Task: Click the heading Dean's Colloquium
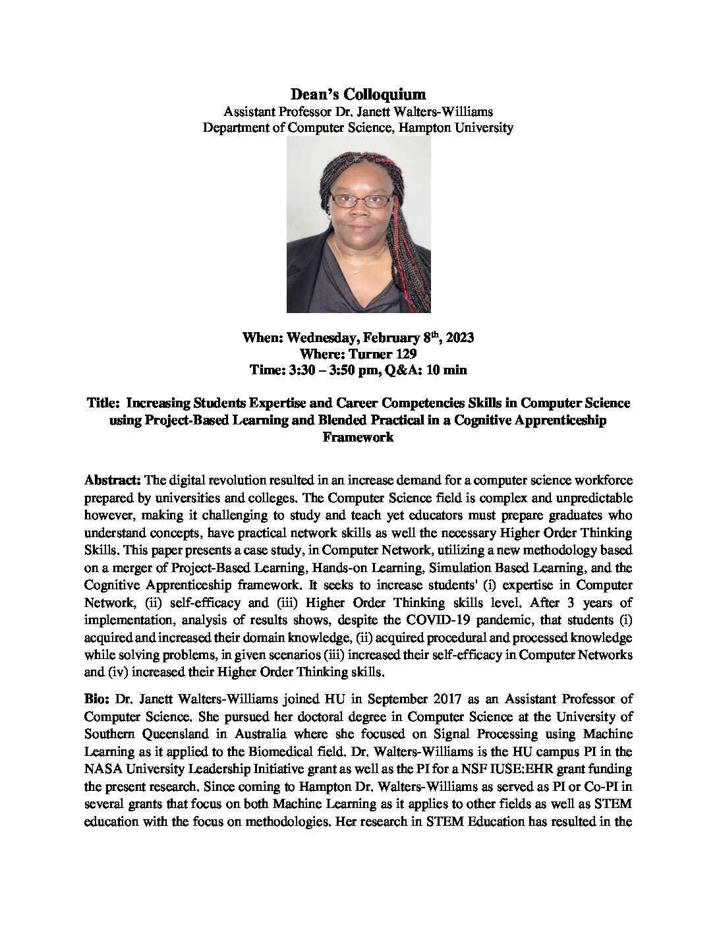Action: [358, 95]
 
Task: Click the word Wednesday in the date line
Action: [319, 339]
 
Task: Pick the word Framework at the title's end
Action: [358, 436]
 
